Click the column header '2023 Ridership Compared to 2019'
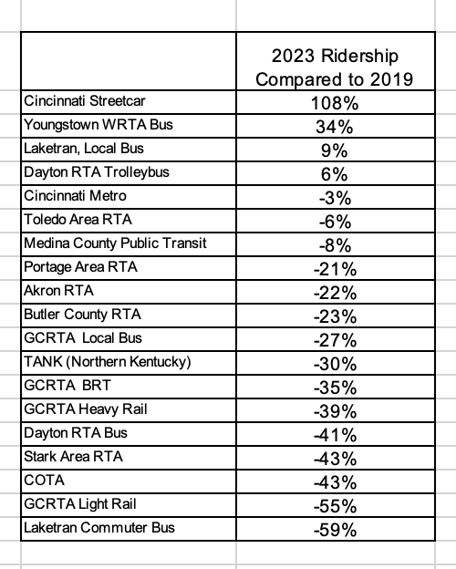335,67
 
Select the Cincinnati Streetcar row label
85,101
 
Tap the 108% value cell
335,103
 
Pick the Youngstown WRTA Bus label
98,125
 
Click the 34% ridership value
335,127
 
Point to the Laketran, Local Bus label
84,149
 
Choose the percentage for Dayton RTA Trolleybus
335,174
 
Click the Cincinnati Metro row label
75,196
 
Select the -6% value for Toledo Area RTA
335,222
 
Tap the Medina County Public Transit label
115,243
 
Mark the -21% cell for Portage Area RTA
335,269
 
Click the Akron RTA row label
58,291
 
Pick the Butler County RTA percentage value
335,316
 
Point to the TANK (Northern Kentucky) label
108,362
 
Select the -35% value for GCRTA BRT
335,388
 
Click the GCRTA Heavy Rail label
86,409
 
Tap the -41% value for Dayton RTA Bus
335,435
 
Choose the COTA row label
45,481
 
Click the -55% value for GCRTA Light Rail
335,506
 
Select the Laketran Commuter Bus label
99,528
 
